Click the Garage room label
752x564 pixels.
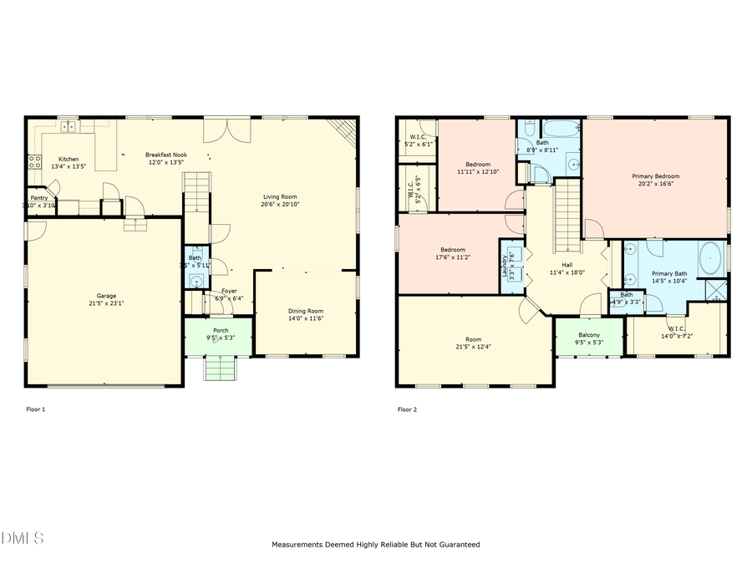click(x=106, y=295)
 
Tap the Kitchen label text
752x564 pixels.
click(x=69, y=159)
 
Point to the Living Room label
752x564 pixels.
click(x=280, y=196)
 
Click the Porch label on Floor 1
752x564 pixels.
click(x=221, y=330)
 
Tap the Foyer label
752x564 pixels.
click(x=228, y=291)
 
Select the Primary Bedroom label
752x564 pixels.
click(x=655, y=176)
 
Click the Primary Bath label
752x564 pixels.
click(x=668, y=273)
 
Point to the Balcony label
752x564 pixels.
click(x=589, y=334)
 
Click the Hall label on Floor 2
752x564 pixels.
click(x=566, y=265)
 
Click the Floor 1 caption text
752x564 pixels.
click(x=37, y=409)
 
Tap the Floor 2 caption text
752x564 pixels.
click(x=406, y=409)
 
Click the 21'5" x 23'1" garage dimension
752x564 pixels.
click(x=106, y=302)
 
